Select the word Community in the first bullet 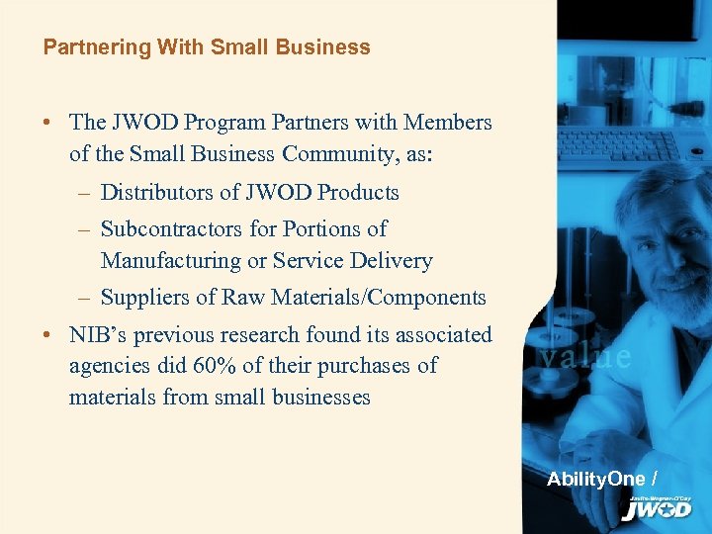click(342, 153)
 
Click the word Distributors click(160, 192)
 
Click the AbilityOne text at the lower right click(595, 479)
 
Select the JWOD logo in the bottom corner click(657, 508)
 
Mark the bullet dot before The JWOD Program click(47, 124)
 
